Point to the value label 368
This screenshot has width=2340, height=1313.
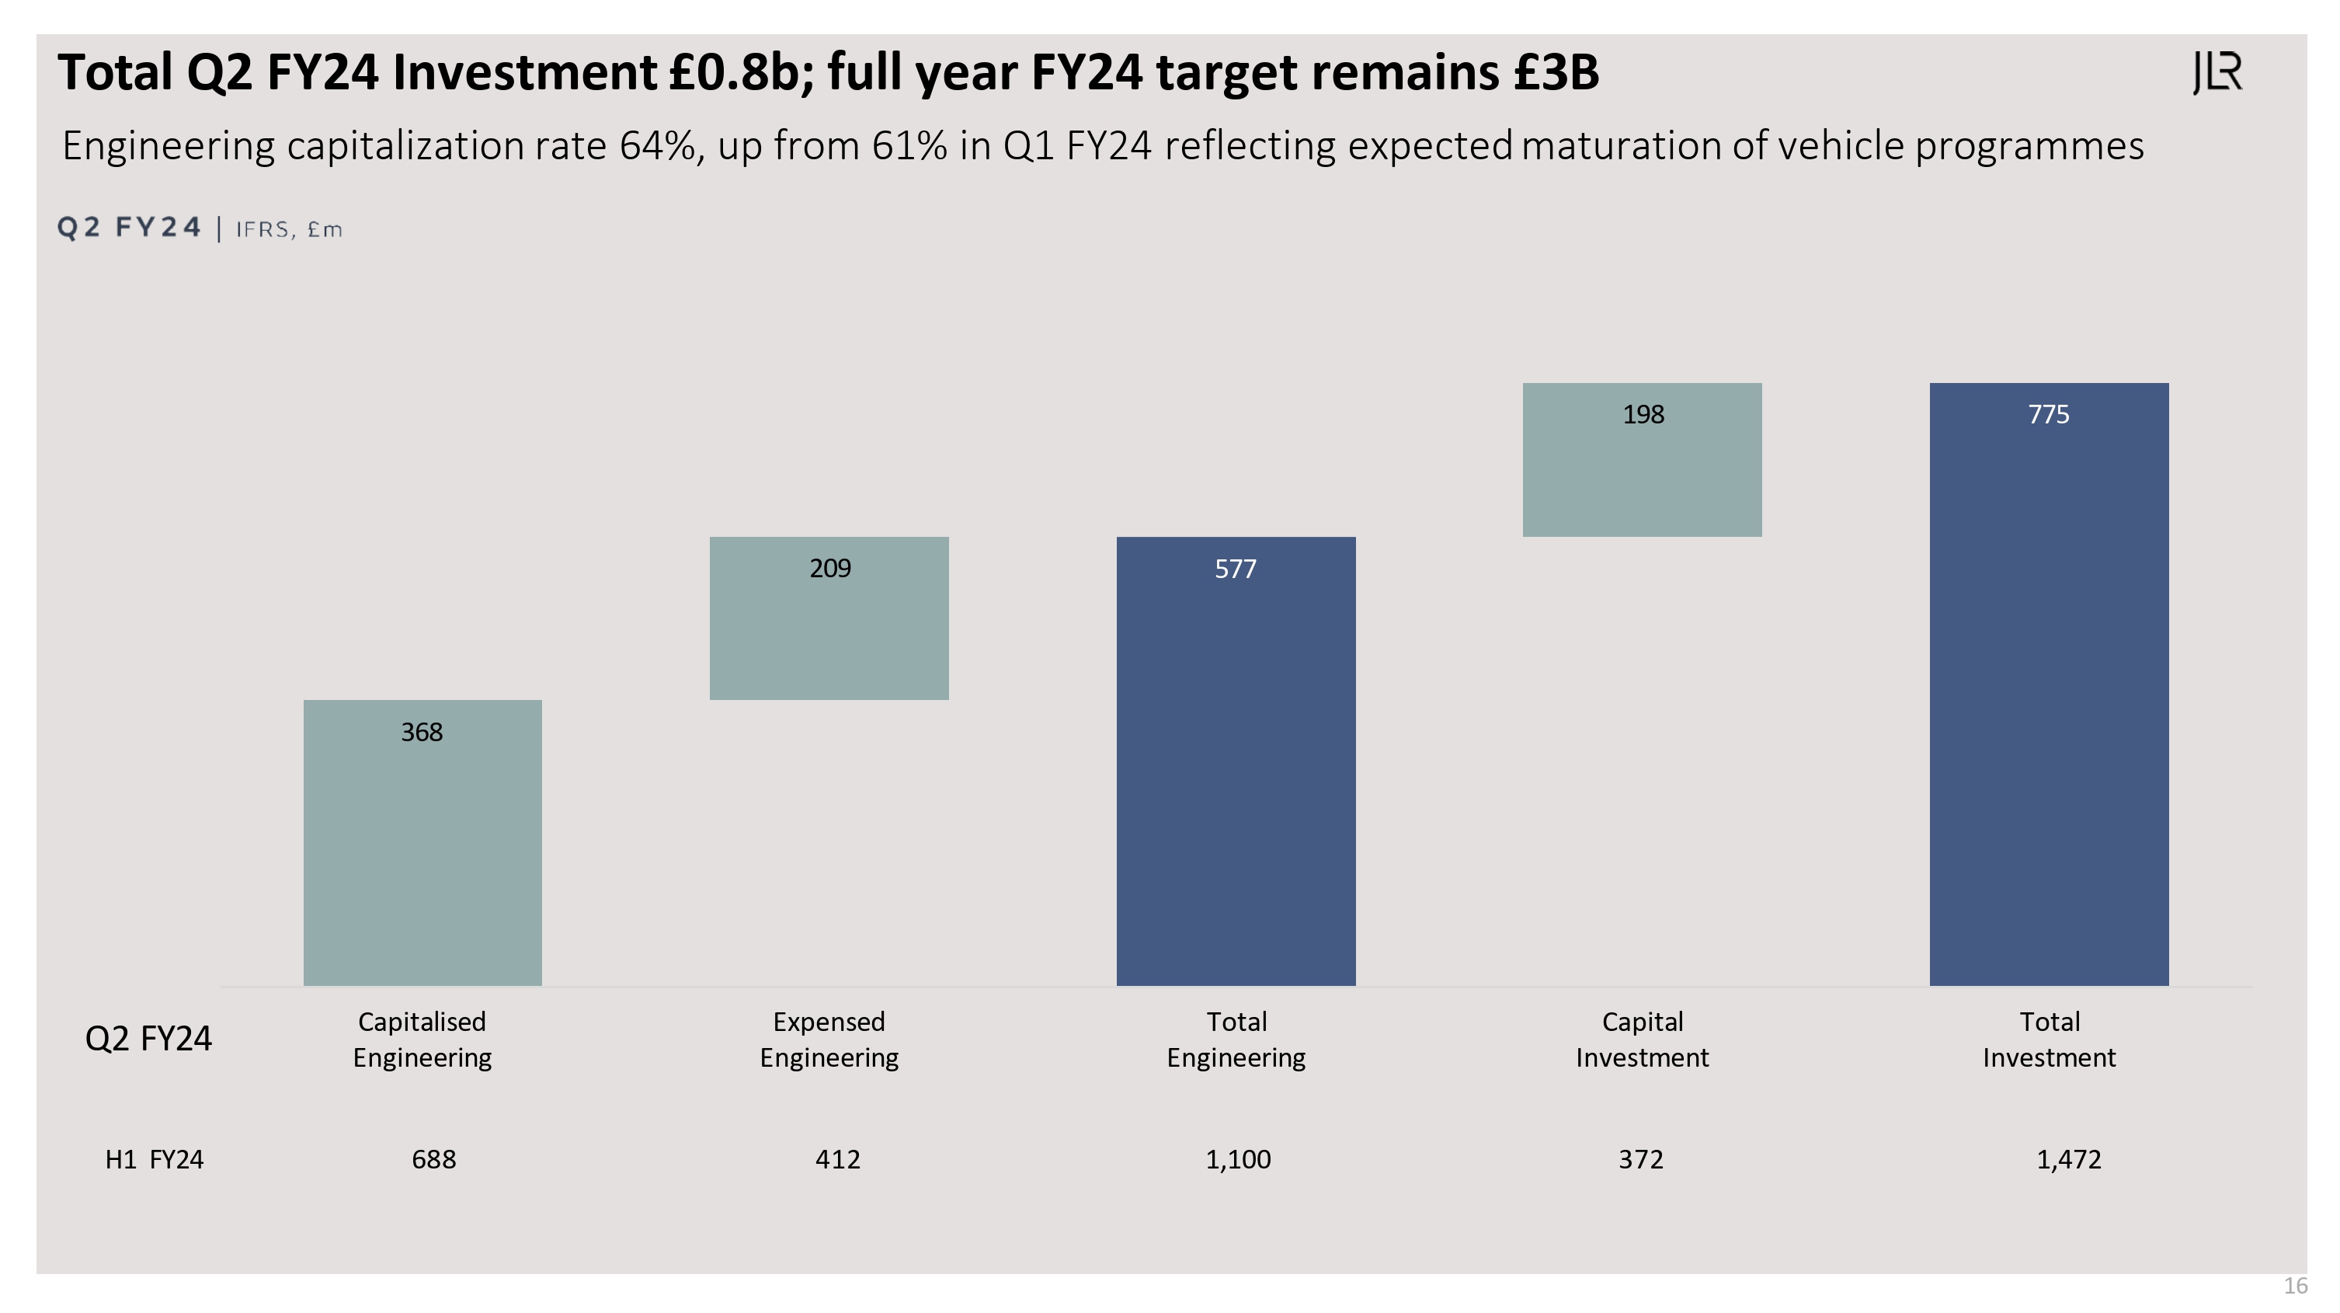click(422, 733)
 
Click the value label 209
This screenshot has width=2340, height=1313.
click(830, 569)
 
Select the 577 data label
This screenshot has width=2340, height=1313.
click(1236, 569)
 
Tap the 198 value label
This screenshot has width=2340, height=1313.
click(1643, 415)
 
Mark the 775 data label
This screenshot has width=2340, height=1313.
click(2049, 415)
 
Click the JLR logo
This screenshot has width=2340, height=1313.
click(2217, 73)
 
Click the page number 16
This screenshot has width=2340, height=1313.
click(2296, 1287)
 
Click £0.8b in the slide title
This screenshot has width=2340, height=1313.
click(741, 73)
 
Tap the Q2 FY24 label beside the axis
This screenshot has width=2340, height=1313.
click(148, 1039)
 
